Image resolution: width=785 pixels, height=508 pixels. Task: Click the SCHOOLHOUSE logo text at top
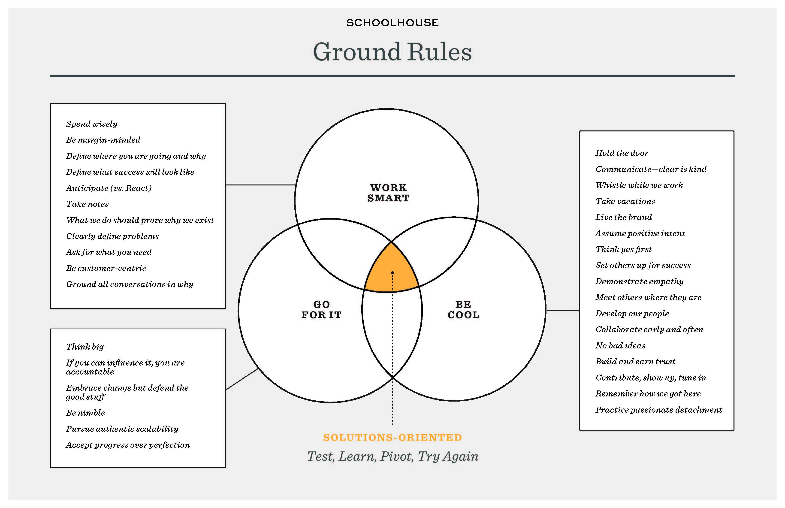pyautogui.click(x=392, y=23)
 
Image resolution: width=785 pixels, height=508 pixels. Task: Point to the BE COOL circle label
pyautogui.click(x=463, y=310)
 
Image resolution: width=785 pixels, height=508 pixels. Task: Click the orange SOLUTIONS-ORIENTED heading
pyautogui.click(x=392, y=437)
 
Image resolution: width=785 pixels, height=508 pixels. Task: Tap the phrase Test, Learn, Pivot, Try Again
pyautogui.click(x=392, y=457)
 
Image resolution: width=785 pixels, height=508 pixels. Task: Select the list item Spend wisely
pyautogui.click(x=91, y=124)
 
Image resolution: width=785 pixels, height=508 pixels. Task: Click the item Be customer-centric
pyautogui.click(x=106, y=268)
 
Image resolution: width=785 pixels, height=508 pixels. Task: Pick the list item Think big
pyautogui.click(x=85, y=347)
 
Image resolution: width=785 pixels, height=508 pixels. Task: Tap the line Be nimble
pyautogui.click(x=85, y=413)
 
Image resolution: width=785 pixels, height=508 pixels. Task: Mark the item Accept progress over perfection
pyautogui.click(x=128, y=445)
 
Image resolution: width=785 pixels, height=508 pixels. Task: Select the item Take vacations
pyautogui.click(x=625, y=201)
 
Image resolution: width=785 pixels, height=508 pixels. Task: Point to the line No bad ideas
pyautogui.click(x=620, y=346)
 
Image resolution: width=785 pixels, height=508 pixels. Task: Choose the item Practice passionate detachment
pyautogui.click(x=658, y=410)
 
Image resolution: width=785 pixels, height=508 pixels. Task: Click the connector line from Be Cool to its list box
pyautogui.click(x=563, y=310)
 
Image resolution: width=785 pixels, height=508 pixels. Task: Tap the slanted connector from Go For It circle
pyautogui.click(x=242, y=379)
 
